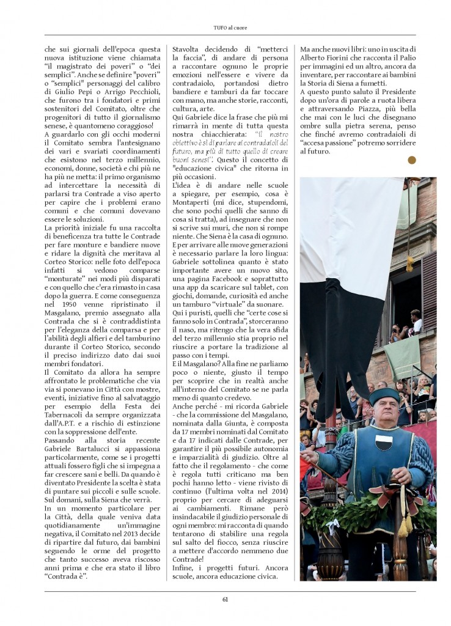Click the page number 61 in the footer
(x=225, y=599)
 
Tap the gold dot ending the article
(x=412, y=160)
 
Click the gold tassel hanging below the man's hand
(x=404, y=523)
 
